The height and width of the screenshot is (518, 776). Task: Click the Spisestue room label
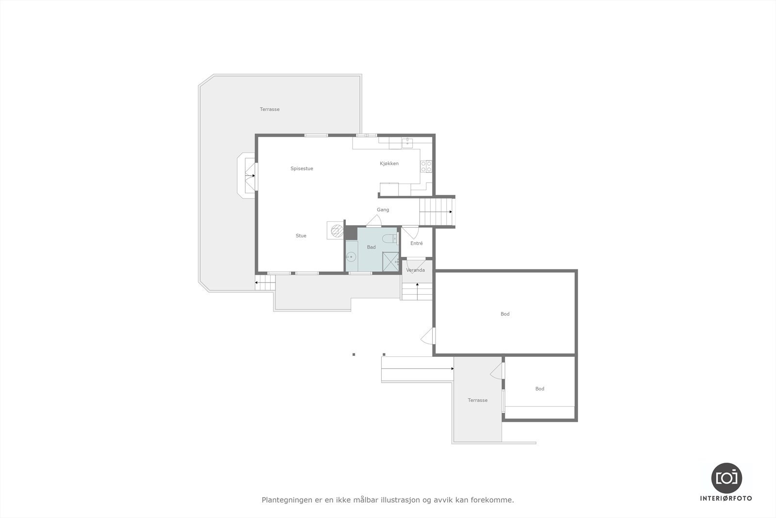(302, 168)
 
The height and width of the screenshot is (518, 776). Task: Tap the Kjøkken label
(389, 164)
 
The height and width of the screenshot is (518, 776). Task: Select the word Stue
(301, 236)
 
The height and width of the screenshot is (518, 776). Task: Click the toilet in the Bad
(388, 238)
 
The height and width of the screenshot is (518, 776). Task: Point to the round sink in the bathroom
(351, 257)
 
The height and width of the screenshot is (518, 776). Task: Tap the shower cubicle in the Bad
(390, 262)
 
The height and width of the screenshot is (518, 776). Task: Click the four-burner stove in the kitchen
(426, 167)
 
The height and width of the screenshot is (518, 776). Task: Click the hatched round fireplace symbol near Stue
(335, 230)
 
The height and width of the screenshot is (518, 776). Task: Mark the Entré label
(417, 243)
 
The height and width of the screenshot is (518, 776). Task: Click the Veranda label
(416, 270)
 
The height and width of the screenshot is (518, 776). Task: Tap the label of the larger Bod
(505, 314)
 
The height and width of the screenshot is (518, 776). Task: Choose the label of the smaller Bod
(540, 389)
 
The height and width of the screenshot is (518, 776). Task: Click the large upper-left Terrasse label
(270, 109)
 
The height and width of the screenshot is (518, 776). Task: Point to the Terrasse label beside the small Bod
(478, 401)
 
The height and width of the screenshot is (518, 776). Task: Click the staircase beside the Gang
(436, 212)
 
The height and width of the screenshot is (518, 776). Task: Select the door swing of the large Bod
(427, 336)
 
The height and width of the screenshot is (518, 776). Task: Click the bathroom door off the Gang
(374, 221)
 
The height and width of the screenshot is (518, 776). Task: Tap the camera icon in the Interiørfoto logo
(727, 477)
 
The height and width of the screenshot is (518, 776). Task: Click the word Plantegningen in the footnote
(283, 500)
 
